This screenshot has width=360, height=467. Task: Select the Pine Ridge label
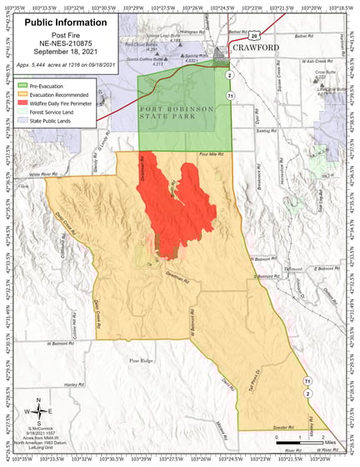[x=141, y=360]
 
